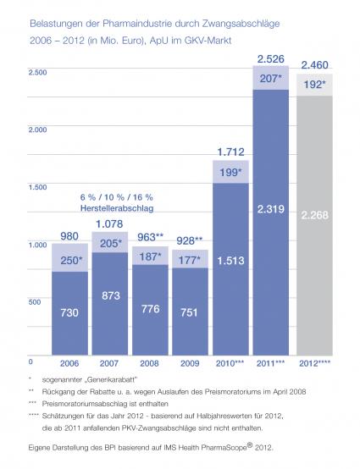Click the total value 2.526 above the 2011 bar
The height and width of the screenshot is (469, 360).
tap(270, 59)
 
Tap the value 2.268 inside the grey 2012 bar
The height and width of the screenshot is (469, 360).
tap(314, 215)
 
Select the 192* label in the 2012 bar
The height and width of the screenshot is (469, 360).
tap(314, 85)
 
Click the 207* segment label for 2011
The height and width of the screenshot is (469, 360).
tap(271, 79)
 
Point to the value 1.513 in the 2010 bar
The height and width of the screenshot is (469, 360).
tap(230, 261)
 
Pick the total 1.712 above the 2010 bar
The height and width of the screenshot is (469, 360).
tap(230, 152)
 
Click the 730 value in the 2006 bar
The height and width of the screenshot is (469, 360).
tap(69, 312)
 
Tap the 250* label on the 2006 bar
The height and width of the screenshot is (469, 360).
tap(71, 260)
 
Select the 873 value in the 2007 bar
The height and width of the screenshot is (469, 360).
tap(111, 295)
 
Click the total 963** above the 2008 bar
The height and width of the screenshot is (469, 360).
tap(150, 237)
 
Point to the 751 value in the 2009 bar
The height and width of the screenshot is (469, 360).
tap(189, 312)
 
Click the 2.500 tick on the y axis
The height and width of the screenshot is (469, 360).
tap(38, 72)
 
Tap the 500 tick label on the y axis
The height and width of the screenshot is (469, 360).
tap(35, 301)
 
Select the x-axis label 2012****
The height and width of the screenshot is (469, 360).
tap(315, 363)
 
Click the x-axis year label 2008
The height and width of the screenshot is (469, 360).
tap(149, 363)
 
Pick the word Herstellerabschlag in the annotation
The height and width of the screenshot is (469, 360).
tap(117, 208)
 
